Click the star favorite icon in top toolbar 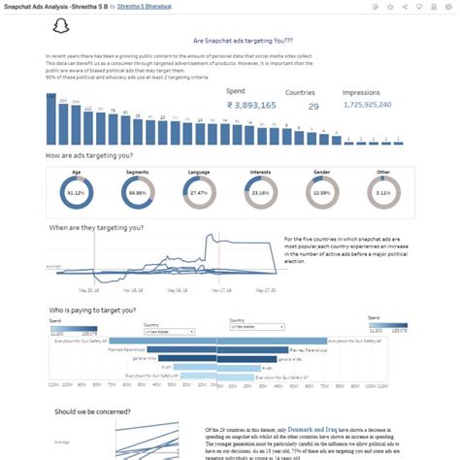pyautogui.click(x=390, y=6)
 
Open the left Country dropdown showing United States pyautogui.click(x=168, y=330)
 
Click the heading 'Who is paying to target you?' pyautogui.click(x=94, y=311)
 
